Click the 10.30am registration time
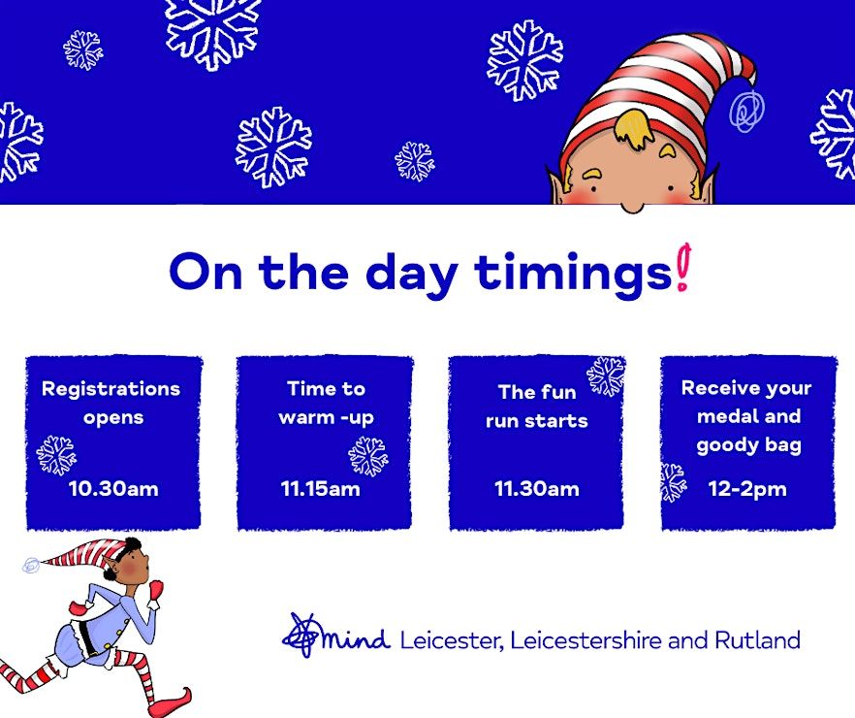(113, 488)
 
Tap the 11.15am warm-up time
(321, 488)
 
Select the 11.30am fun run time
(537, 488)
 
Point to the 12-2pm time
(747, 489)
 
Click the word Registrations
(111, 389)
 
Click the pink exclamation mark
(682, 267)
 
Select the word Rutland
(757, 639)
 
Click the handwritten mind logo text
(356, 638)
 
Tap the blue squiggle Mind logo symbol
(301, 635)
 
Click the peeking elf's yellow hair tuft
(632, 129)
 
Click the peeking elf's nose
(632, 208)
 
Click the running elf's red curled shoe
(174, 702)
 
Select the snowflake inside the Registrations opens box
(56, 455)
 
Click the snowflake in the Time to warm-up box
(368, 456)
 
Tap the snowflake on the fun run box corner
(606, 376)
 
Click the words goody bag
(748, 445)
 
